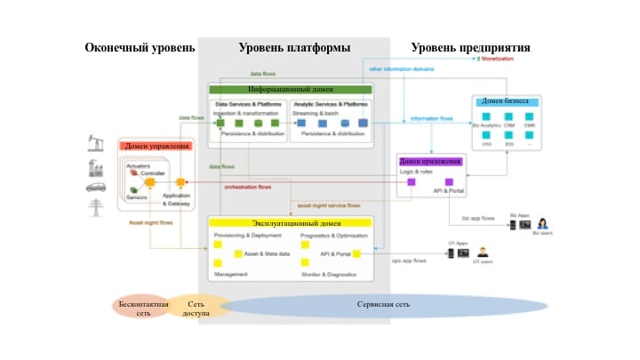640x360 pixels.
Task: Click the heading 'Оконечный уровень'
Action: [140, 47]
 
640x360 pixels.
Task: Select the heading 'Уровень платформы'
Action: [294, 47]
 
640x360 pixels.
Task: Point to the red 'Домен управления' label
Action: [157, 146]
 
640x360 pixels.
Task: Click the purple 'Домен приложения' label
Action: [431, 161]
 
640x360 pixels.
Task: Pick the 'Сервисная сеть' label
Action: [383, 305]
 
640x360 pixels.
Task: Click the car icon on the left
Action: [96, 188]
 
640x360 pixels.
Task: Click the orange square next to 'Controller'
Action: [151, 183]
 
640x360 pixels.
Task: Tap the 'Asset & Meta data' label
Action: [263, 254]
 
